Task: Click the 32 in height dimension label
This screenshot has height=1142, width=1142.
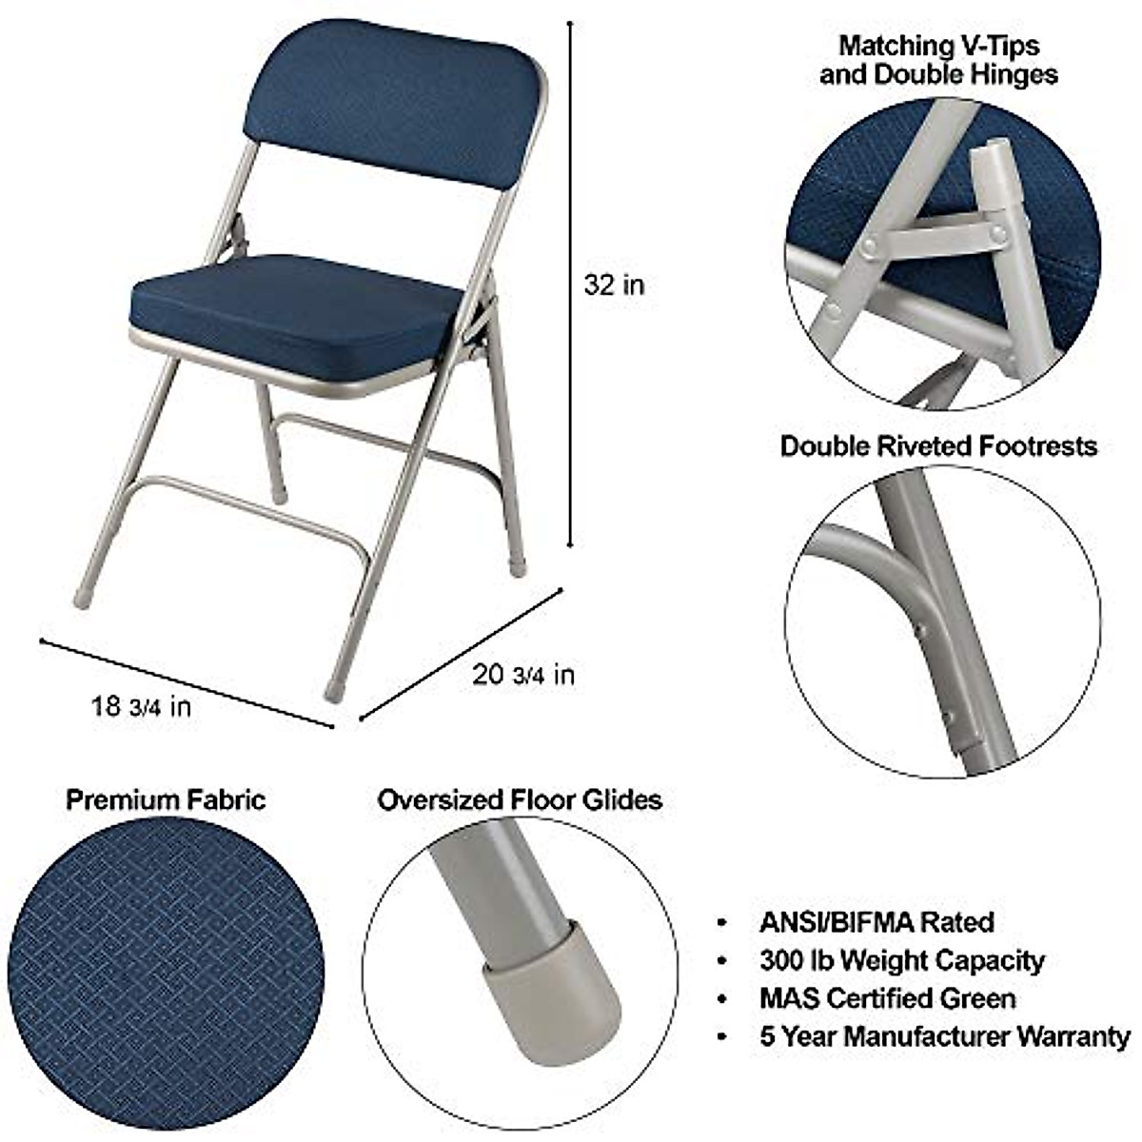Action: pos(614,284)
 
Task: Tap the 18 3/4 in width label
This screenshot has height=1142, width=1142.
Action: pos(141,706)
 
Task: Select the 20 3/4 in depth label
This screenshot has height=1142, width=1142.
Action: pos(523,675)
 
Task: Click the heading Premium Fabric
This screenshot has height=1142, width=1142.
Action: pos(166,799)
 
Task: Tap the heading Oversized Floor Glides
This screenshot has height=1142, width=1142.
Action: pos(520,799)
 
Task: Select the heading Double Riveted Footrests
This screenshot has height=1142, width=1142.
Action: pos(938,445)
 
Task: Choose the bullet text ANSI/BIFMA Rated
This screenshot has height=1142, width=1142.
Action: pos(876,921)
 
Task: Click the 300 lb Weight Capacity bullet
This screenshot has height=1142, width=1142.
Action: pos(901,960)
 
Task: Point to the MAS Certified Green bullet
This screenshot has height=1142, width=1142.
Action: pos(887,998)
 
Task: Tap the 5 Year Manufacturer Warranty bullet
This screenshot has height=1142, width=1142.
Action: pos(945,1036)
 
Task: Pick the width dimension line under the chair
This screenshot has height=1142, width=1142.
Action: pos(186,682)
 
